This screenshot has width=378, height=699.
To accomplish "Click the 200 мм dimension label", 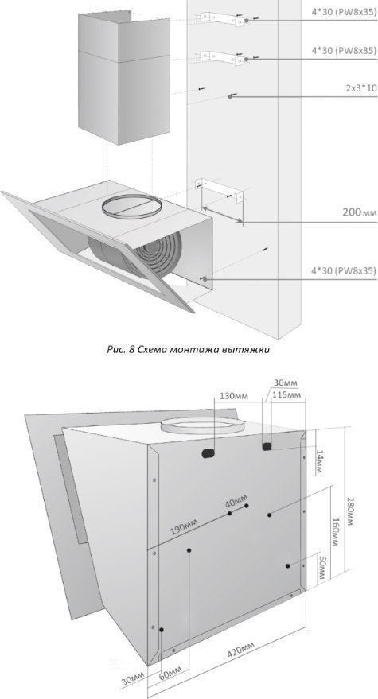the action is pos(360,212).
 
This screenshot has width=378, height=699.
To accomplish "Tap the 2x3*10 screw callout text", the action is pos(361,88).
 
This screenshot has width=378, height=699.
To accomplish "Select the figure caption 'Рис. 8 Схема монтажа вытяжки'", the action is pos(189,350).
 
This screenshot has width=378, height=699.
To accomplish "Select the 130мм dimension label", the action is pos(234,396).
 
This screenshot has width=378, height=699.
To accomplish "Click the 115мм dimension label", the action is pos(286,395).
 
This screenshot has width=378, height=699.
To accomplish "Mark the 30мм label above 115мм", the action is pos(286,383).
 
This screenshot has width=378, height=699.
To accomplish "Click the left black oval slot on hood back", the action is pos(208,453).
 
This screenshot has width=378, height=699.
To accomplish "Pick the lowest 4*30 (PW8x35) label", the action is pos(344,270).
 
